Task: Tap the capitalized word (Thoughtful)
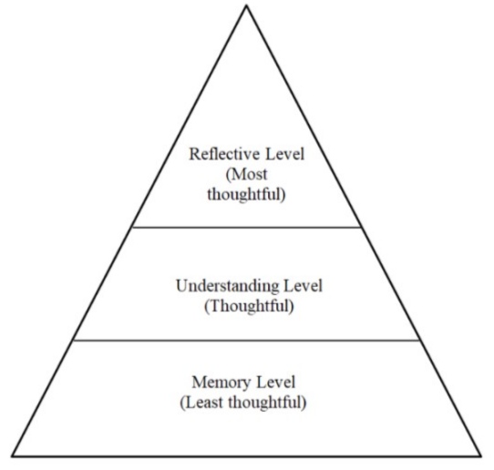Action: [x=247, y=305]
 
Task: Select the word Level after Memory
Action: [x=279, y=380]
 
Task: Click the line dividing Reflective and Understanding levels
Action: [x=247, y=227]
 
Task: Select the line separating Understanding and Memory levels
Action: [x=247, y=341]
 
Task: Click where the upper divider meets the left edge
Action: [x=131, y=227]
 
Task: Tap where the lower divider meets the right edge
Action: [x=422, y=341]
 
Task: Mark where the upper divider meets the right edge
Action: [x=363, y=227]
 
